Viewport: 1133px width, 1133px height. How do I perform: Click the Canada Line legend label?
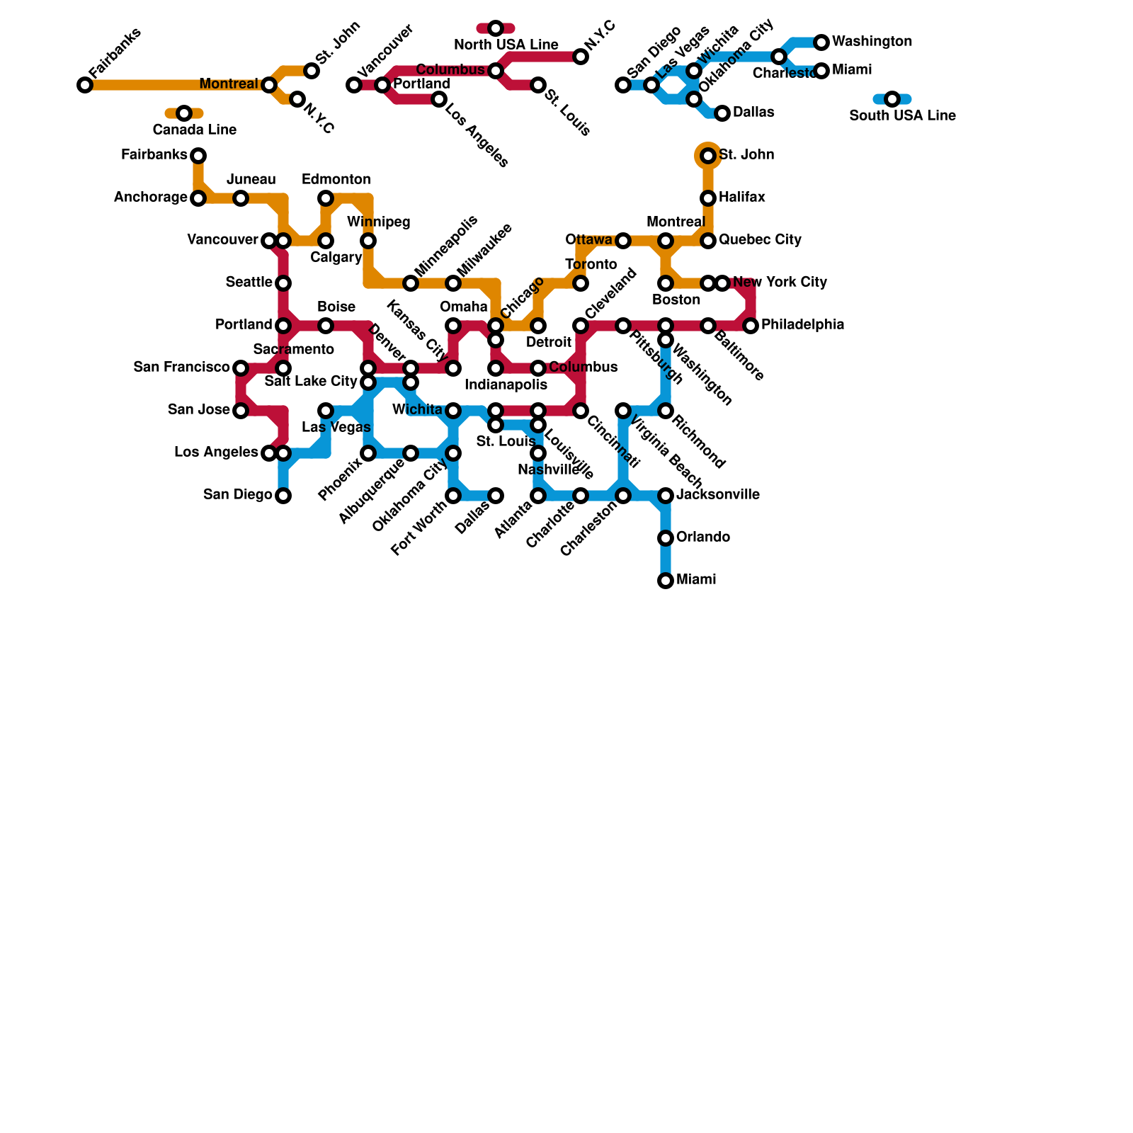194,130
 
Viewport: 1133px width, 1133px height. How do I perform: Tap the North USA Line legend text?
506,45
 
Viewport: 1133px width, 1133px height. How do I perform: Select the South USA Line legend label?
902,116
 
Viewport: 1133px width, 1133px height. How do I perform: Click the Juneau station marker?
241,198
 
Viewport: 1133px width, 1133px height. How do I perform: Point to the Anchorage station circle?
198,198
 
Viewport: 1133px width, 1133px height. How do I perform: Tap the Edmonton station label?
336,180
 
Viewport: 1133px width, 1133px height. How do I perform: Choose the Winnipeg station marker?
368,241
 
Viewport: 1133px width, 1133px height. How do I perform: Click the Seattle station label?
249,283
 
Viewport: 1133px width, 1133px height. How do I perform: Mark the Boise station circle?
326,326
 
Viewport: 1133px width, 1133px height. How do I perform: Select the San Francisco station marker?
241,368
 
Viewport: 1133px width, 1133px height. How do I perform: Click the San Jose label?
199,410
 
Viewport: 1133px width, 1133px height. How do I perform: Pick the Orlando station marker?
666,538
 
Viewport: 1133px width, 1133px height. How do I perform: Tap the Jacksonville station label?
718,495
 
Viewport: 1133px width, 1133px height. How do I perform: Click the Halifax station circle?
708,198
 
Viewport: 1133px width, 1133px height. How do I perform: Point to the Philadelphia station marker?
751,326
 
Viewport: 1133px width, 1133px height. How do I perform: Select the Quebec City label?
760,240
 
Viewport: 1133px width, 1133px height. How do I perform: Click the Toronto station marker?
581,283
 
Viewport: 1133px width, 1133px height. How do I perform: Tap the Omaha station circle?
453,326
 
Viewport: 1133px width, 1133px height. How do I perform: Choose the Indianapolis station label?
506,385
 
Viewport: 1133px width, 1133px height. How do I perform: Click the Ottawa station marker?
623,241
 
